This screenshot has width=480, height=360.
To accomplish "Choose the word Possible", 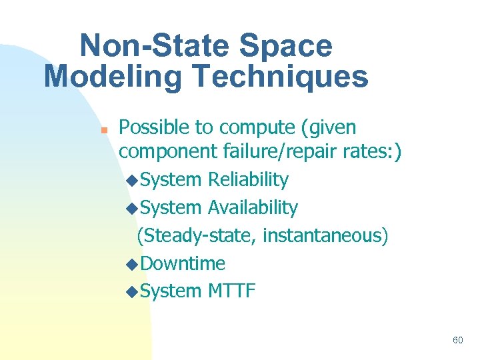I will click(x=155, y=127).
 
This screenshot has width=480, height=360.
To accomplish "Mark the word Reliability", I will click(x=248, y=180).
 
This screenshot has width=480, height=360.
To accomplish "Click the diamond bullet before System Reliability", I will click(x=132, y=181).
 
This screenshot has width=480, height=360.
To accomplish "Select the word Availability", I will click(x=253, y=208).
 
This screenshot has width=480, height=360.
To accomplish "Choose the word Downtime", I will click(x=183, y=263).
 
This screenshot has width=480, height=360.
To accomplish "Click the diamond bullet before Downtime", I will click(x=132, y=265).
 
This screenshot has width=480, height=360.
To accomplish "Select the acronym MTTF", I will click(x=231, y=291).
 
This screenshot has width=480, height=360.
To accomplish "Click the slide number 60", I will click(x=457, y=340).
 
